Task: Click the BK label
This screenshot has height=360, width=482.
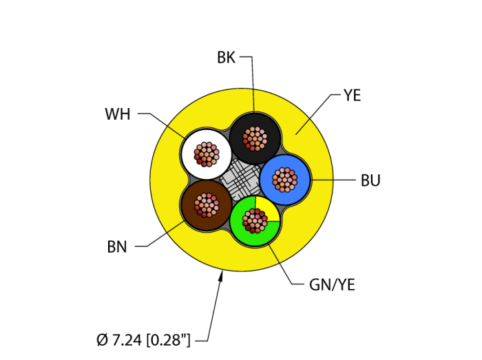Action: click(x=226, y=58)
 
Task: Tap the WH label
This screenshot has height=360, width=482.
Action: click(x=117, y=114)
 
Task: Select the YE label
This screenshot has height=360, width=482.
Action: click(x=352, y=96)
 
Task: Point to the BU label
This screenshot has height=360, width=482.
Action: click(x=370, y=181)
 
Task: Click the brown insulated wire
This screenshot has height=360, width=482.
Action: click(x=189, y=204)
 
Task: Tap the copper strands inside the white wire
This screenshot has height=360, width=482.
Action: click(x=207, y=153)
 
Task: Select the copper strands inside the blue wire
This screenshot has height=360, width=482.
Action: click(x=284, y=180)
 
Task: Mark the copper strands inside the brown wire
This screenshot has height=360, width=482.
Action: click(x=206, y=204)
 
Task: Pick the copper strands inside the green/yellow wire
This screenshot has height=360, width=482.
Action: click(x=255, y=222)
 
